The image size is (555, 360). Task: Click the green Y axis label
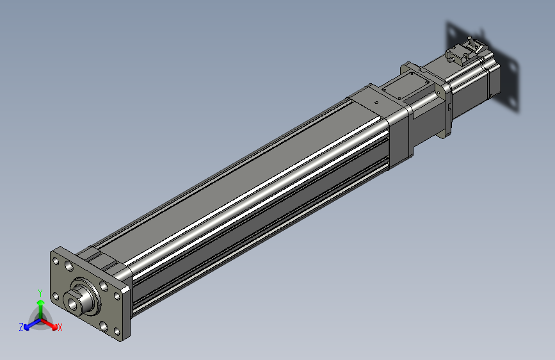(40, 293)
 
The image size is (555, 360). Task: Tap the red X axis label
(60, 328)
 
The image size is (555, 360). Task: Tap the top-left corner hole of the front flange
(56, 261)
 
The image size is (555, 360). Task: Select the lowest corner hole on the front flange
(117, 332)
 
